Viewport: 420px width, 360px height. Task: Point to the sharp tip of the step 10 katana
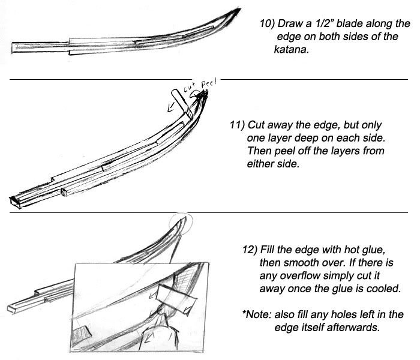[241, 10]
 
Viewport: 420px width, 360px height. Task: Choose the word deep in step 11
[303, 138]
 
